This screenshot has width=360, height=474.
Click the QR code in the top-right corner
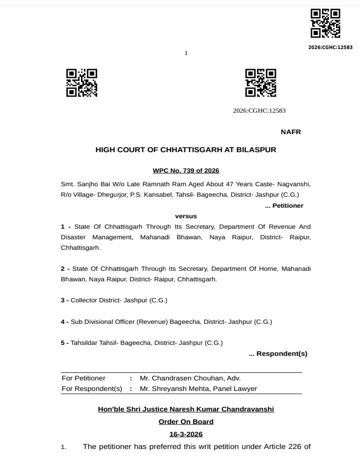tap(325, 23)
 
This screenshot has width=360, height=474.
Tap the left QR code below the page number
tap(81, 83)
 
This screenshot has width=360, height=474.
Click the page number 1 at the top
tap(186, 53)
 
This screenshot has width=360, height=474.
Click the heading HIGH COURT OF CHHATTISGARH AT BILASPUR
tap(185, 150)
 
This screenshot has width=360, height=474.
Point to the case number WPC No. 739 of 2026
tap(185, 171)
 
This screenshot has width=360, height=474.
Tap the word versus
tap(185, 216)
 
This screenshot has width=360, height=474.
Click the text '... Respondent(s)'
tap(278, 354)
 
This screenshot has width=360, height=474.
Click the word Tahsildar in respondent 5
tap(84, 343)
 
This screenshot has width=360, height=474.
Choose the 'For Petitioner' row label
tap(83, 378)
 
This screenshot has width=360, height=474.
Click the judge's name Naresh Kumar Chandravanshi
tap(220, 409)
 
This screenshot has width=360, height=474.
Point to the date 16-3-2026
tap(185, 434)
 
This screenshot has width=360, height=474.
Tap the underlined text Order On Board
tap(185, 422)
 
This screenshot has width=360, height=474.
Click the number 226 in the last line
tap(291, 446)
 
